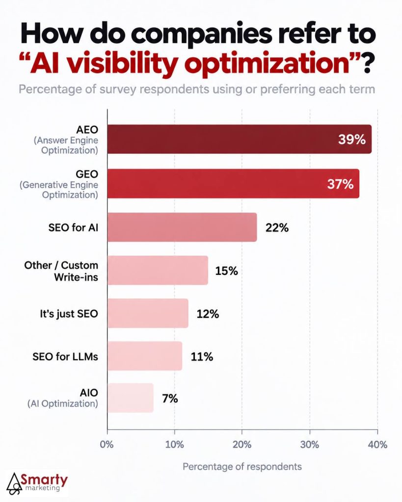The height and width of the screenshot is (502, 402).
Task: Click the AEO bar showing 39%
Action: point(240,139)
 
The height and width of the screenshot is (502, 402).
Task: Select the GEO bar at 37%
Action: point(233,183)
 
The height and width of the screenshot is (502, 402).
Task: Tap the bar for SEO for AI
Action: point(182,227)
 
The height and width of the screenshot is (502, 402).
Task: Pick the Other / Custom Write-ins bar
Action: point(158,270)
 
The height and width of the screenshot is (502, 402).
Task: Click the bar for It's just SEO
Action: point(148,313)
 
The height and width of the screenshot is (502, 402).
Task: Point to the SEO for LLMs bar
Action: point(145,356)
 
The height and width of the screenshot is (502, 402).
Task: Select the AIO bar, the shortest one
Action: point(131,398)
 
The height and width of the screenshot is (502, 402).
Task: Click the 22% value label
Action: point(277,227)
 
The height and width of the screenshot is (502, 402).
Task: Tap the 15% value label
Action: point(227,271)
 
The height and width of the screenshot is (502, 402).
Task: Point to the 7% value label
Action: point(170,399)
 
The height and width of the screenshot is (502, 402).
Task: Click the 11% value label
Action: point(202,357)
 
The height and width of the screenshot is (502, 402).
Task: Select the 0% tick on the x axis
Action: point(107,445)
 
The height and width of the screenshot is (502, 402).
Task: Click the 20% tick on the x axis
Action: point(242,445)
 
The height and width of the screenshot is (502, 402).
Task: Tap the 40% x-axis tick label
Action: point(377,445)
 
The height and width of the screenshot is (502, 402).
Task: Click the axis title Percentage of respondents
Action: point(242,467)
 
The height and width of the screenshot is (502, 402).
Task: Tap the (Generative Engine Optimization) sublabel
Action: point(59,190)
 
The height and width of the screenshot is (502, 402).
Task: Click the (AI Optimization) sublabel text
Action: point(63,403)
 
